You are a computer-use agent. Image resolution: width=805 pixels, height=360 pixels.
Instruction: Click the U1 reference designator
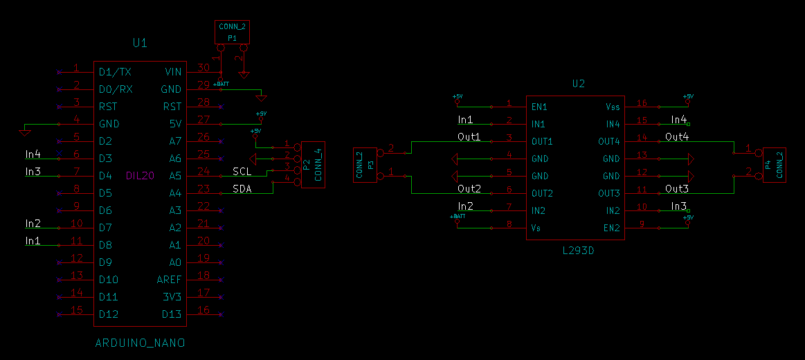[140, 43]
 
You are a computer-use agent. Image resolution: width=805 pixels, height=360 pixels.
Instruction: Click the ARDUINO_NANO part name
[140, 343]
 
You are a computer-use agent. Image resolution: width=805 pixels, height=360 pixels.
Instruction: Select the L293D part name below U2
[578, 251]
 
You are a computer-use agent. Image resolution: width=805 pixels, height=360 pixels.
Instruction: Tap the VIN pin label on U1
[173, 72]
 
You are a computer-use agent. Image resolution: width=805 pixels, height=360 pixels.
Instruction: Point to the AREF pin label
[169, 280]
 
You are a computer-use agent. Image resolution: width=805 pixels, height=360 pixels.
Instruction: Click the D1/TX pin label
[115, 72]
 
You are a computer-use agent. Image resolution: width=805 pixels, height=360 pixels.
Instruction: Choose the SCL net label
[242, 171]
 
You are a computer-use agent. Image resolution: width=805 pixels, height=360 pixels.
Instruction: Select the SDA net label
[242, 188]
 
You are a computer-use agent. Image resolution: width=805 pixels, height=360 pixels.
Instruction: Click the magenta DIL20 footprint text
[140, 176]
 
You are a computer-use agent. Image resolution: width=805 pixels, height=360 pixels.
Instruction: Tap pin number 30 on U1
[203, 68]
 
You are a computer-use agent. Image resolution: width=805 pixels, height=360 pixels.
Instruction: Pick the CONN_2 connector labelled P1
[233, 32]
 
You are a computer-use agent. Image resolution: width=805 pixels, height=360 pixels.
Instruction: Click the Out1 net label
[469, 136]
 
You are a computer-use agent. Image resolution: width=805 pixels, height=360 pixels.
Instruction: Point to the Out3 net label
[677, 188]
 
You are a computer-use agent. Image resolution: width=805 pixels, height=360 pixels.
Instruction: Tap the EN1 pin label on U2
[539, 107]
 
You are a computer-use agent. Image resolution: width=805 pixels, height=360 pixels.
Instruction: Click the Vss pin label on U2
[613, 107]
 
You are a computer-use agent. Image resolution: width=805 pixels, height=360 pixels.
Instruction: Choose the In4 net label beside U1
[33, 154]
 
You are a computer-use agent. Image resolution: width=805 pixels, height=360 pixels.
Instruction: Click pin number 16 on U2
[642, 103]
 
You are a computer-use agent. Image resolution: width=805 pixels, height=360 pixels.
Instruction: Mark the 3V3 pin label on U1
[173, 297]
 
